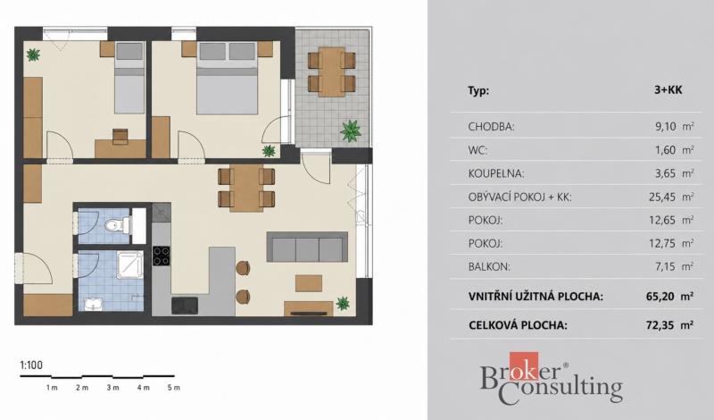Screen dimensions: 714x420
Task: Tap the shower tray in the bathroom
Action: point(129,265)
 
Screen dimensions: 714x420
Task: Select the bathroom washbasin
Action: point(94,304)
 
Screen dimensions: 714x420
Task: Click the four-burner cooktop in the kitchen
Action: point(161,256)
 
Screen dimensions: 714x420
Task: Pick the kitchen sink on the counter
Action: point(185,305)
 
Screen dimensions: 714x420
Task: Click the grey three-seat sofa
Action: point(307,247)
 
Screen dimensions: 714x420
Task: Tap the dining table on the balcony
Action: point(331,72)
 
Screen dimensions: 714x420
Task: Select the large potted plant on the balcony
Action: point(350,130)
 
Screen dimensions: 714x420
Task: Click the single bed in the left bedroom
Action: point(129,78)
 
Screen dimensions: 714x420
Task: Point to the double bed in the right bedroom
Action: point(228,78)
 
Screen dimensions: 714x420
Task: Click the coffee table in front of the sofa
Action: point(309,283)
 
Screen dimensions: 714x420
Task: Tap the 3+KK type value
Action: point(668,90)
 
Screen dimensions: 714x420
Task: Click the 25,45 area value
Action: point(662,197)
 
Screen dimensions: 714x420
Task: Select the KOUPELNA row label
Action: point(496,173)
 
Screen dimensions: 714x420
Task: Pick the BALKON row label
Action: point(489,267)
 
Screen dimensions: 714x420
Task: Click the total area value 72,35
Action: point(660,325)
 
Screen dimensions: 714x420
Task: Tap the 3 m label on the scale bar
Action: point(112,388)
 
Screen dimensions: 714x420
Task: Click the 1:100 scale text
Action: point(31,365)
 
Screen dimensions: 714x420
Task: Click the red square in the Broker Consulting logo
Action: point(524,366)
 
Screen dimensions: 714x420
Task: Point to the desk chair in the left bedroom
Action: point(120,135)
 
